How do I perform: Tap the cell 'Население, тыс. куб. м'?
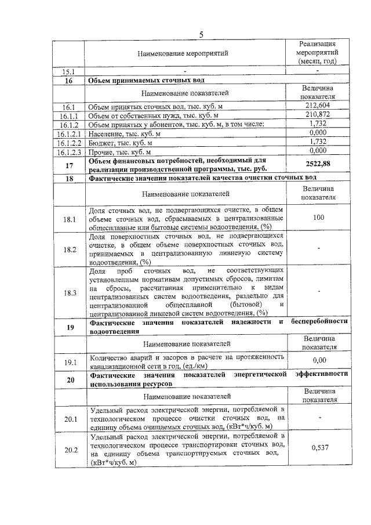tap(125, 133)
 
